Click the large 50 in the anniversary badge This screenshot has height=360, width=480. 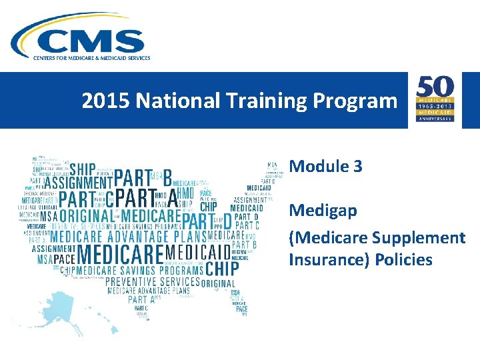click(435, 89)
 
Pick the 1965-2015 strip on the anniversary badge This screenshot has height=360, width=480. click(435, 107)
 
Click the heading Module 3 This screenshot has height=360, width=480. click(325, 166)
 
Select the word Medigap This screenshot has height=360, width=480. click(323, 211)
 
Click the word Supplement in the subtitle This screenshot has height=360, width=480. click(419, 238)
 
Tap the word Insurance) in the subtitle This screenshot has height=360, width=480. click(324, 259)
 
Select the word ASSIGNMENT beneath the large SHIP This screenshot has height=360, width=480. click(78, 181)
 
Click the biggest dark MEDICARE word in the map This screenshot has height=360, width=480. click(120, 254)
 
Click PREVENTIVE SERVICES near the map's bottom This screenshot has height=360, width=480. click(153, 282)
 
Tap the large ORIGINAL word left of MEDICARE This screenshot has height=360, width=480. click(86, 217)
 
